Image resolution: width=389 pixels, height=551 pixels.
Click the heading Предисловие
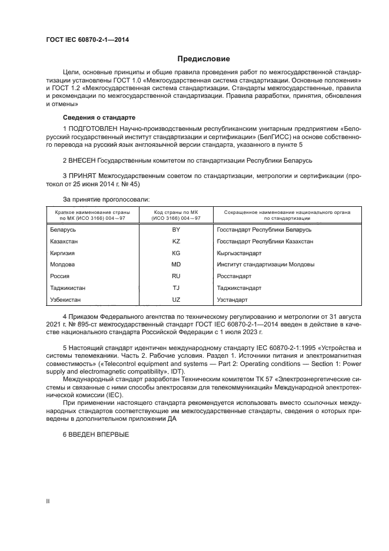click(x=204, y=59)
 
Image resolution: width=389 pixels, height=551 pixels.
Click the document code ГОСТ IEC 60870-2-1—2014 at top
click(x=87, y=39)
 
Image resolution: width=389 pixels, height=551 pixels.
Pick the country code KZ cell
click(x=175, y=241)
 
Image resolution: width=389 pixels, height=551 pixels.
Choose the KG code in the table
click(x=175, y=253)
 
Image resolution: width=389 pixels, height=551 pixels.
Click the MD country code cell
click(x=175, y=265)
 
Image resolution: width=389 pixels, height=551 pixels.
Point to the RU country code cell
click(x=175, y=276)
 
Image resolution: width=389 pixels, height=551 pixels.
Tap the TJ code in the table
click(x=175, y=288)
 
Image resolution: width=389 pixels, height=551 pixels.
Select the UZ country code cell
click(x=175, y=300)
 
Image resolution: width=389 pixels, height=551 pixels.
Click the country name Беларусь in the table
click(x=63, y=229)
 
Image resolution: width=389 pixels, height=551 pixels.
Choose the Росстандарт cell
click(x=234, y=276)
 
